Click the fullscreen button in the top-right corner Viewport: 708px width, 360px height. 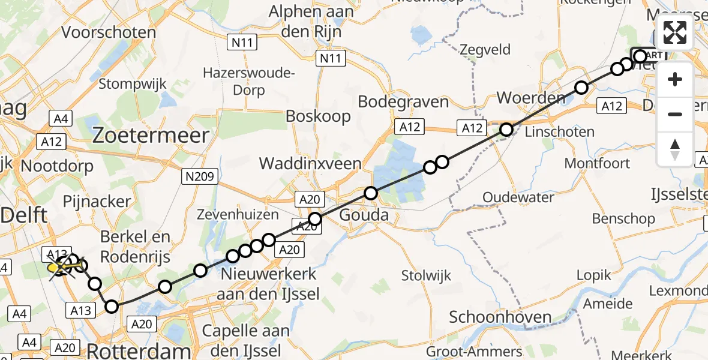pos(675,32)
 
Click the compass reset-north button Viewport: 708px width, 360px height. pos(675,149)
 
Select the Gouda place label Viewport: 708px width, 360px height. pos(364,215)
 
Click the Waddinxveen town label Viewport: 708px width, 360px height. pos(310,163)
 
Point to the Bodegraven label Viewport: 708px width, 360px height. pos(403,102)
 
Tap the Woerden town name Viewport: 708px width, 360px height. pos(531,98)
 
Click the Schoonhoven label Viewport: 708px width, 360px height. pos(491,317)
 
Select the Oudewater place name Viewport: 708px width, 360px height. pos(521,197)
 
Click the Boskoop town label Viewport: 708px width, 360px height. pos(319,116)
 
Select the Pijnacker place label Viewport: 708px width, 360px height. pos(97,202)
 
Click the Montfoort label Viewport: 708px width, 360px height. pos(597,163)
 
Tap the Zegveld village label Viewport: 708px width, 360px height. pos(485,50)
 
